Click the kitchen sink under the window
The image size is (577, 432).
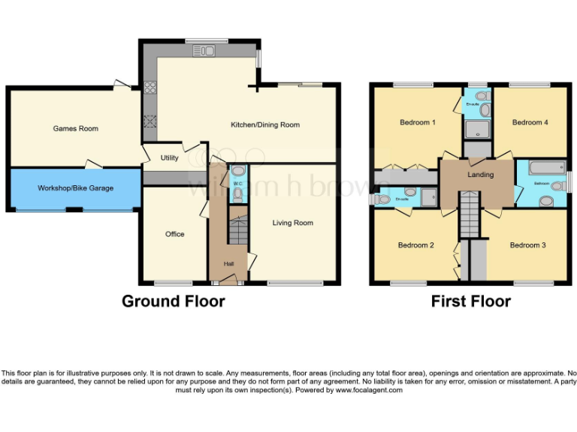(x=204, y=51)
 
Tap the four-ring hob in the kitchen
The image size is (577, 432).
(x=150, y=86)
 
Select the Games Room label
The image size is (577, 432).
(x=75, y=129)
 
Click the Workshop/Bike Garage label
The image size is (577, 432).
(x=75, y=188)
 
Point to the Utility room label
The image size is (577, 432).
(x=169, y=158)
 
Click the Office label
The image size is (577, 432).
(x=174, y=234)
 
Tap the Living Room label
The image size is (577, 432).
(x=292, y=223)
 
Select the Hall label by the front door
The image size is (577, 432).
(x=228, y=264)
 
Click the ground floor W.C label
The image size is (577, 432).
(x=237, y=182)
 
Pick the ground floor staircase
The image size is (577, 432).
(x=237, y=229)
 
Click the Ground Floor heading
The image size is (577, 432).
(x=173, y=301)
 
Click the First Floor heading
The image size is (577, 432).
(x=470, y=301)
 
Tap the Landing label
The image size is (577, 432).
(x=480, y=175)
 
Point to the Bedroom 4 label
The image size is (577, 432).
(x=530, y=122)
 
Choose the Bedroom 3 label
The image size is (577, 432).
(x=527, y=245)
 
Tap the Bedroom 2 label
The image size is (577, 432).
(x=416, y=245)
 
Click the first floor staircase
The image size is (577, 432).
(x=469, y=213)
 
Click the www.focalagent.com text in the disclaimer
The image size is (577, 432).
(x=369, y=390)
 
